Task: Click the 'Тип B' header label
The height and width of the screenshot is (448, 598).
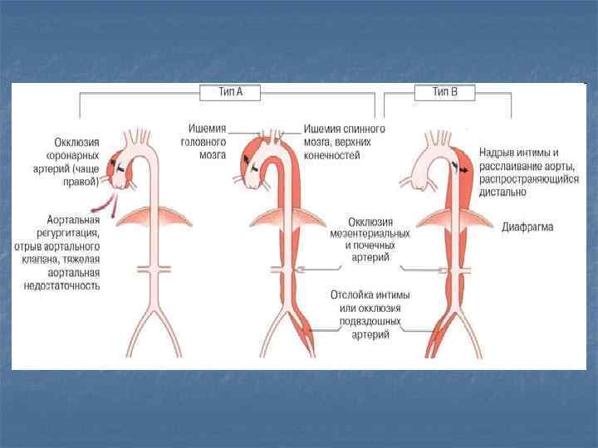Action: coord(445,92)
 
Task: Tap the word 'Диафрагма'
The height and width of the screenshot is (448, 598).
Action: coord(527,226)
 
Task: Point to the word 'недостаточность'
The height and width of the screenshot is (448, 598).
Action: coord(62,285)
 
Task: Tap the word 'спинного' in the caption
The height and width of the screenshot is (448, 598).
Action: coord(365,129)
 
